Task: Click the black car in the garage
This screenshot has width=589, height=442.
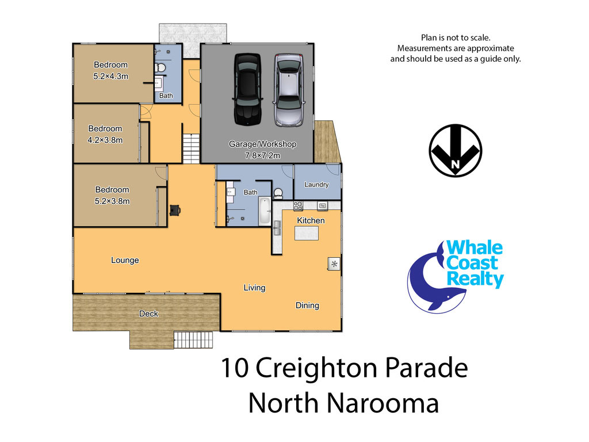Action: coord(247,89)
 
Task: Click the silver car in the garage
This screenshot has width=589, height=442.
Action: coord(289,90)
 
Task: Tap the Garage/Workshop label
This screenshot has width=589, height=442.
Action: coord(262,144)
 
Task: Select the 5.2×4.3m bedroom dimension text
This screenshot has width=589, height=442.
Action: coord(111,77)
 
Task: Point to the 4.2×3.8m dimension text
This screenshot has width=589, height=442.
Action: coord(105,140)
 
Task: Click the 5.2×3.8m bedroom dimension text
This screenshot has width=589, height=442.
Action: coord(112,201)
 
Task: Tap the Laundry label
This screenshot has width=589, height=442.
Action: coord(316,185)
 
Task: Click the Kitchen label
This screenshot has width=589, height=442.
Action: coord(311,220)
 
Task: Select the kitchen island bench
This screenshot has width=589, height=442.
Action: coord(307,234)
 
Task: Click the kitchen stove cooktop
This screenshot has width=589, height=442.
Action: coord(298,206)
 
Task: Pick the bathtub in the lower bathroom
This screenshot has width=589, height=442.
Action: coord(265,211)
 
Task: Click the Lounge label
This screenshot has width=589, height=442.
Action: coord(125,260)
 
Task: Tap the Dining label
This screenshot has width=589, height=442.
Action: coord(307,306)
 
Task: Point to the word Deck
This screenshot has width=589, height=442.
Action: coord(149,314)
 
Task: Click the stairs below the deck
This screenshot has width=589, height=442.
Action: coord(193,340)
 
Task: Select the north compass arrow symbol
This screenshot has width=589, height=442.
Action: coord(456,150)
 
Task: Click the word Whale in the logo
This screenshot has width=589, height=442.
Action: coord(475,248)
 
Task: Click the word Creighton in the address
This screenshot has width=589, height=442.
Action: coord(316,368)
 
